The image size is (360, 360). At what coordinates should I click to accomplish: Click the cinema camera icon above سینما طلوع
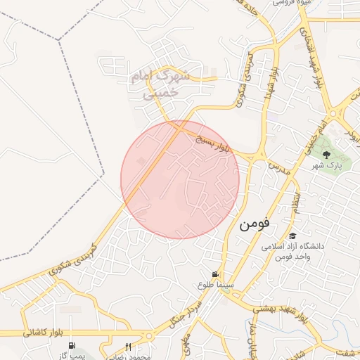coord(215,274)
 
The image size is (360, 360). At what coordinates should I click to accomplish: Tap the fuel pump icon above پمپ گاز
coord(72,345)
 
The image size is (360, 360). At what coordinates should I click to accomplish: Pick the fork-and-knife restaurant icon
coord(128,346)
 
